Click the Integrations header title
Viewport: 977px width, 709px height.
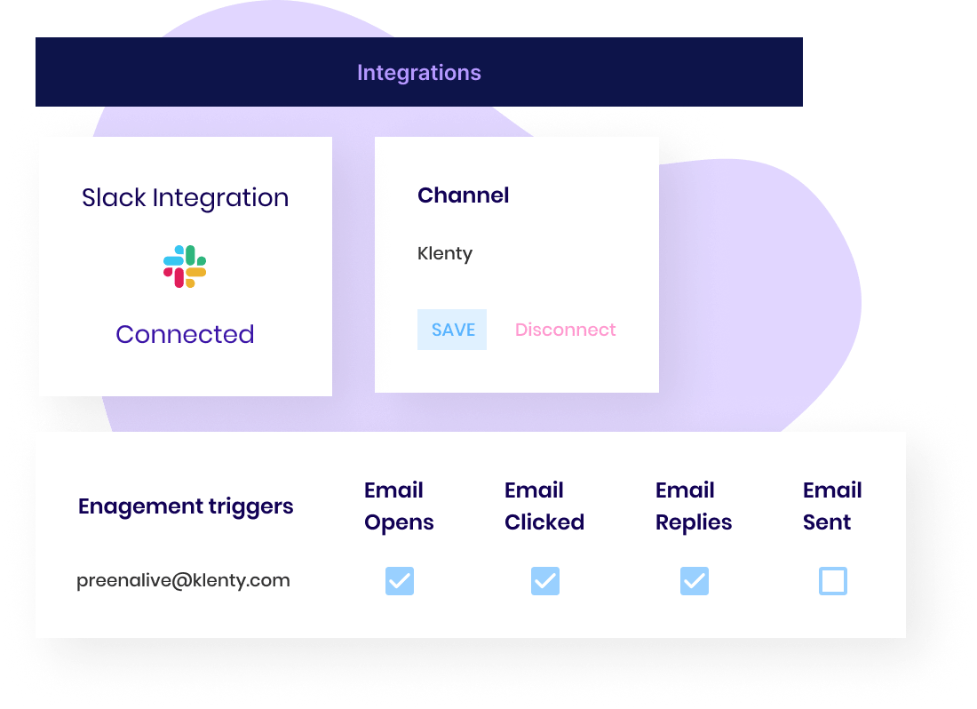point(418,73)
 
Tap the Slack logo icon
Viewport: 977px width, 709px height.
point(185,267)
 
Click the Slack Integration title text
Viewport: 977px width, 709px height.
point(185,197)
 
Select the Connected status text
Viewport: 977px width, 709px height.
point(185,334)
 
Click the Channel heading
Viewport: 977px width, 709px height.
point(463,195)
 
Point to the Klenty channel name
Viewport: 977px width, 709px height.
point(445,254)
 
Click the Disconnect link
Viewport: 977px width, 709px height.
point(565,330)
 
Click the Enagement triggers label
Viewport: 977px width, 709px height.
point(186,506)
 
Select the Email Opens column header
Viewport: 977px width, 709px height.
point(399,506)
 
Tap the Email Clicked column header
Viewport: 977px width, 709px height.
point(544,506)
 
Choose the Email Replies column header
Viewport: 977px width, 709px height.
point(694,506)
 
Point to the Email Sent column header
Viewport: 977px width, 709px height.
point(832,506)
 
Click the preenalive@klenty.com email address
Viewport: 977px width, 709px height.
point(183,581)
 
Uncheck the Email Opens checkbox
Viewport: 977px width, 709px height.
point(400,581)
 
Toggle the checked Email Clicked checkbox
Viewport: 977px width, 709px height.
point(544,581)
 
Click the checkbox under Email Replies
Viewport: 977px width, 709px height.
point(694,581)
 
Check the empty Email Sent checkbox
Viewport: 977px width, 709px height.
point(832,581)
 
